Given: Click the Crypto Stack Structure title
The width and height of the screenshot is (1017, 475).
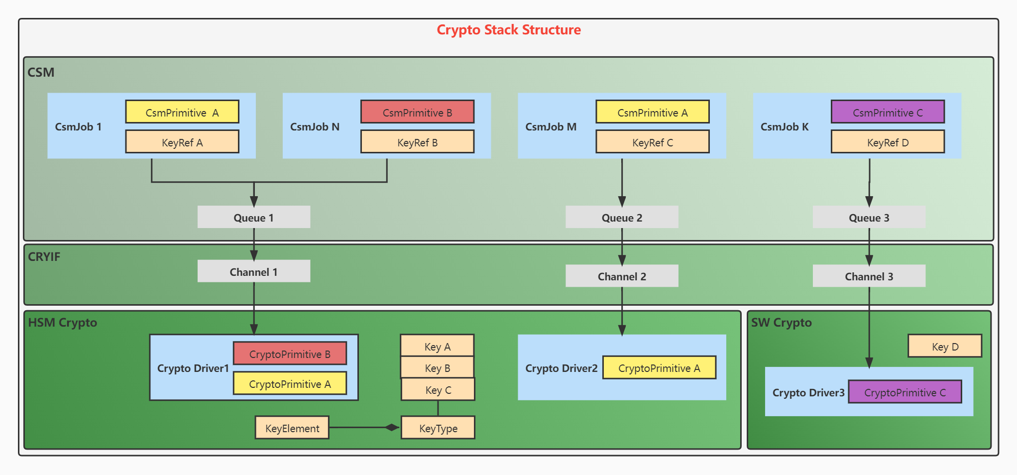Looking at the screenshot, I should [508, 30].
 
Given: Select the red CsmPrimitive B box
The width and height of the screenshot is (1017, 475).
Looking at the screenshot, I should [417, 112].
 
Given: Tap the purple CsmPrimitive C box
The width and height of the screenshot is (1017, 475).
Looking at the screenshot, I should [888, 112].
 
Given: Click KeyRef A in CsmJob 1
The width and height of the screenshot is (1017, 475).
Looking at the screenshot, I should [182, 142].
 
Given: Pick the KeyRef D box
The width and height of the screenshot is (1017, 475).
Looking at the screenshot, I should [888, 142].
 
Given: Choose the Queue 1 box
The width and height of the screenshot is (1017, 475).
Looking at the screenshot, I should [253, 217].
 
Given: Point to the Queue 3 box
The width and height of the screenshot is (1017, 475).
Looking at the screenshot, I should [869, 217].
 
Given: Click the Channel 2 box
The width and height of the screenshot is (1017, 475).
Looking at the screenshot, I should [621, 276].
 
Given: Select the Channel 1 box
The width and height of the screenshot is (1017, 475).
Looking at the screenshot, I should [253, 271].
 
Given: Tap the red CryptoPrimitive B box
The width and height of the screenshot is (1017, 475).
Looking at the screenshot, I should [290, 354].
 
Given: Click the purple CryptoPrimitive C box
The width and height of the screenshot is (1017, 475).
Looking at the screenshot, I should [904, 392].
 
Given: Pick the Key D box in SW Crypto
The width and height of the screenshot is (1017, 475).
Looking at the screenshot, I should [944, 346].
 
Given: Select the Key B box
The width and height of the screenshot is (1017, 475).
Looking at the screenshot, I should [437, 367].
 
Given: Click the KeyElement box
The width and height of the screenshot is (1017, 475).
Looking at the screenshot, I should [292, 428].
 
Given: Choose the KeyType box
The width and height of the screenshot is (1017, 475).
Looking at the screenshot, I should [438, 428].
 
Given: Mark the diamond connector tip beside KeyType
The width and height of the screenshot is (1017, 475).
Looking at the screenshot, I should [392, 427].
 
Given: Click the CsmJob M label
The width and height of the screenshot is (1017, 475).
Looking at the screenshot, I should [551, 126].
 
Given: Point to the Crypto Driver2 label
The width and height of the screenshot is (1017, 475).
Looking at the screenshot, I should [561, 368].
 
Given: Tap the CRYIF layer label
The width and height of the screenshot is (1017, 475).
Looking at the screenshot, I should [44, 256].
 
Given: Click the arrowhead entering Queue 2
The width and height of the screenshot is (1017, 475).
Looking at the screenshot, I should [622, 201].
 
